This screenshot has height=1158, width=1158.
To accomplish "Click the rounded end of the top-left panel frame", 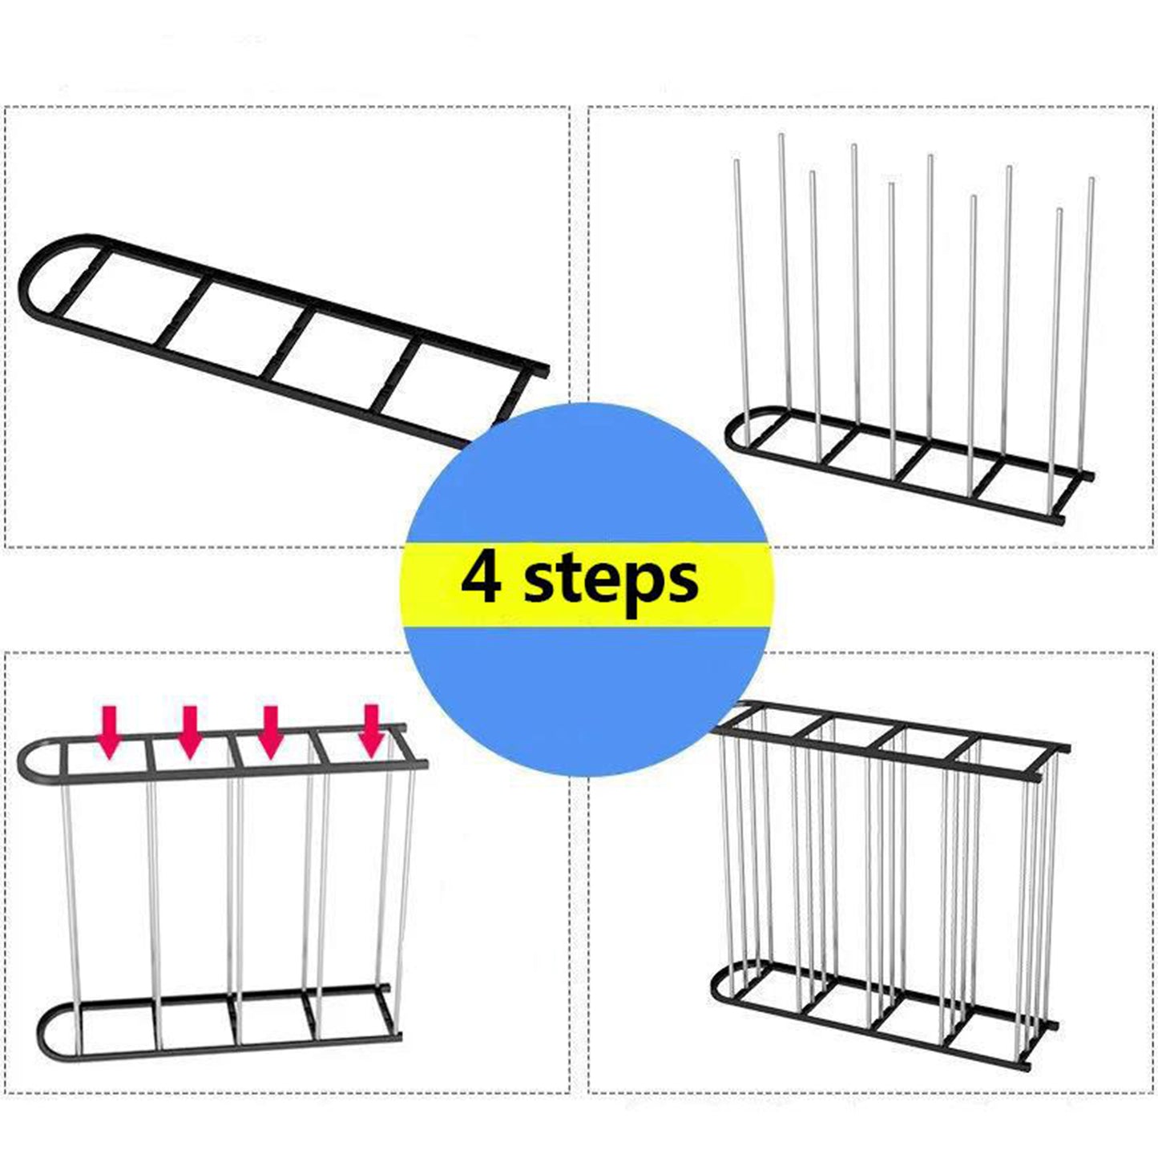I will click(x=32, y=276).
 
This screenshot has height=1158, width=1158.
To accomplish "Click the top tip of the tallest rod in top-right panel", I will click(x=781, y=138).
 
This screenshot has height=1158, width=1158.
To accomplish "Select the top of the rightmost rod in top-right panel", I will click(x=1091, y=181).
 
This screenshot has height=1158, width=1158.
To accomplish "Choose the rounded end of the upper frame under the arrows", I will click(x=29, y=760).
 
